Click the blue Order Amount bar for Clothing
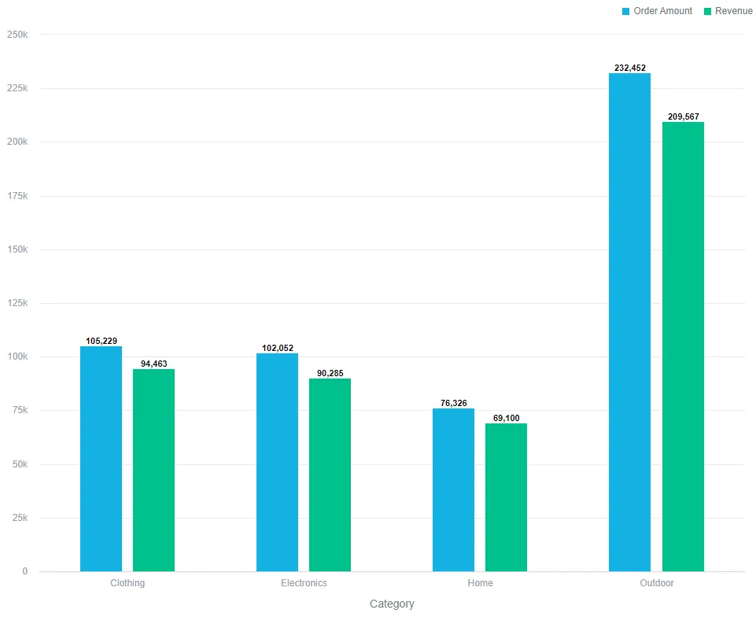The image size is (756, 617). click(101, 459)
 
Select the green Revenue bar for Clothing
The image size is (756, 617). click(153, 470)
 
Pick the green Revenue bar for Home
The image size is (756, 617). click(506, 497)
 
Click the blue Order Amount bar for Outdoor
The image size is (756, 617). click(629, 322)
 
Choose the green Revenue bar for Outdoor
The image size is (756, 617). click(683, 346)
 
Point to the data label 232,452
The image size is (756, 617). click(629, 68)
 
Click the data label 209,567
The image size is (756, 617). click(683, 117)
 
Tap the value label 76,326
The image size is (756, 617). click(453, 404)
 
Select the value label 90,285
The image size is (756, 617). click(330, 373)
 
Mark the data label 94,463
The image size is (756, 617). click(153, 364)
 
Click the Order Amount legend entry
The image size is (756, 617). click(657, 11)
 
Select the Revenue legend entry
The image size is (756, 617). click(727, 11)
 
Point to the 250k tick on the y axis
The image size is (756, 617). click(17, 35)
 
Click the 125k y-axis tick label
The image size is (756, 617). click(17, 303)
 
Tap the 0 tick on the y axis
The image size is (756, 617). click(24, 571)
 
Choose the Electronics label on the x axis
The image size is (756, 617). click(304, 583)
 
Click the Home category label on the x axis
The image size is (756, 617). click(480, 583)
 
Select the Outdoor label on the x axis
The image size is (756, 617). click(656, 583)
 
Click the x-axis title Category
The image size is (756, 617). click(392, 604)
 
